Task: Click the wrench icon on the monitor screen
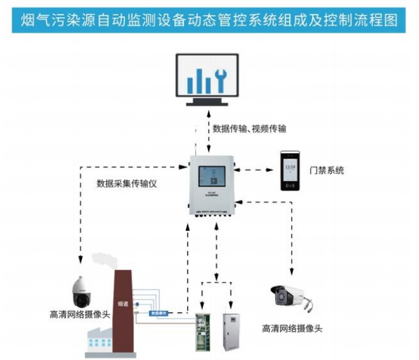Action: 220,79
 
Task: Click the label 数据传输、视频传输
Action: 249,129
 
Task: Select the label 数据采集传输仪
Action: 128,183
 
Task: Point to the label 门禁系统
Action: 327,170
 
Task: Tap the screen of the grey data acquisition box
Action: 211,177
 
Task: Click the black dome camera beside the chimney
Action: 82,292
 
